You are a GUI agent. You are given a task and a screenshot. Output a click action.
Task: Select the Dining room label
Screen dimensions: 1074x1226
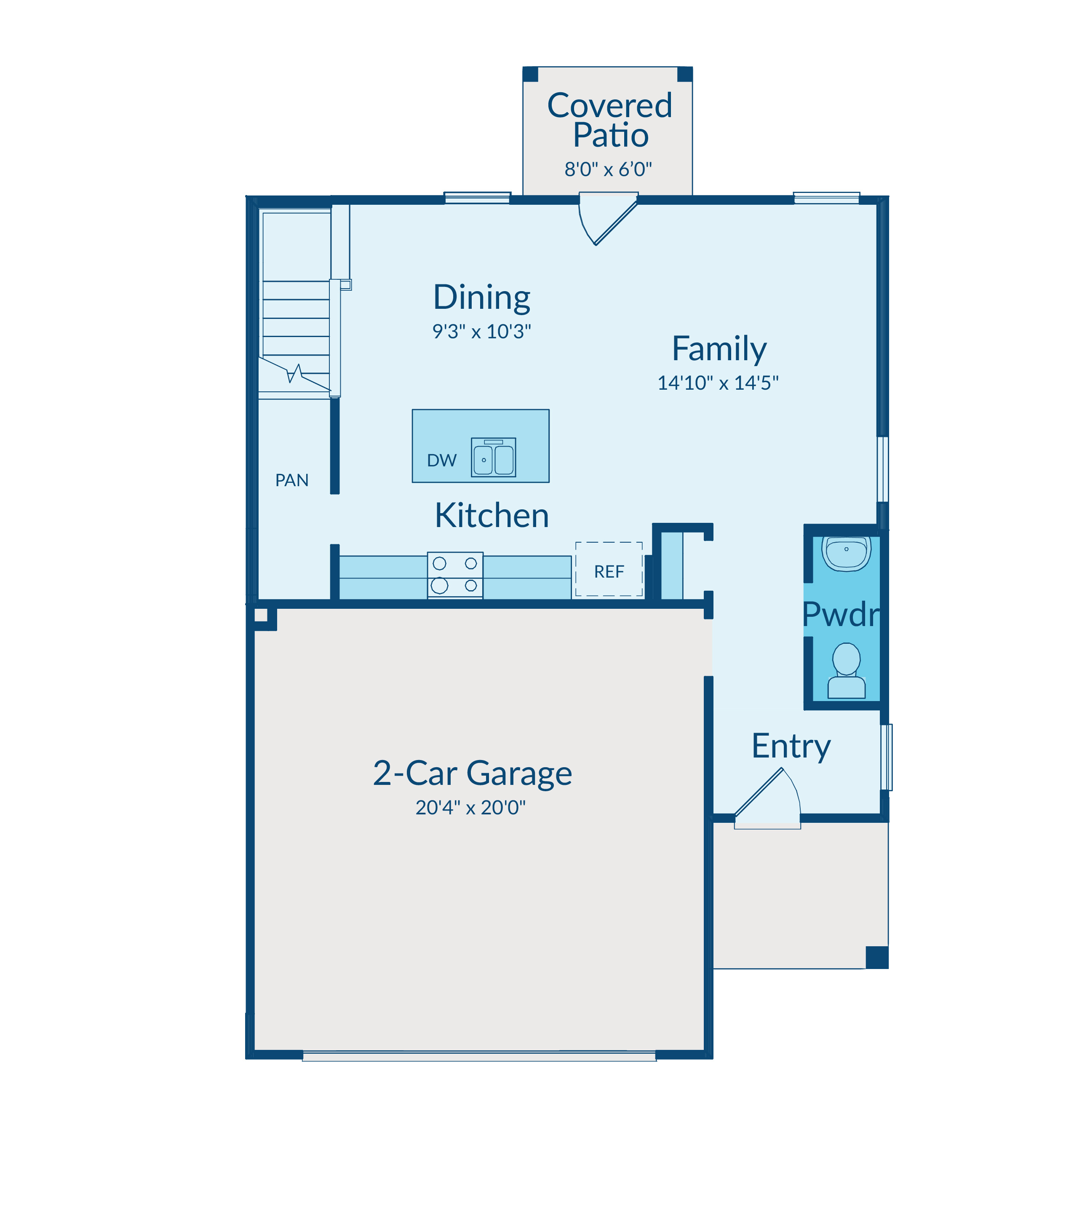[481, 298]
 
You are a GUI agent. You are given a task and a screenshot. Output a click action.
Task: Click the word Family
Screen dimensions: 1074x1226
[719, 350]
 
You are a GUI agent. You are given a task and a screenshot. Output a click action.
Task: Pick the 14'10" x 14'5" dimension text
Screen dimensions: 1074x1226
[718, 383]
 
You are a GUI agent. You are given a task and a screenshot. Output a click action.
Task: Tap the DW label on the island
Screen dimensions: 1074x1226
[442, 460]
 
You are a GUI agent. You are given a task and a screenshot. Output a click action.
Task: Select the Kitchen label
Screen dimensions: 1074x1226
[492, 516]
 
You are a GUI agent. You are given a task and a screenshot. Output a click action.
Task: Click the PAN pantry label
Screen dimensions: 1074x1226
[292, 480]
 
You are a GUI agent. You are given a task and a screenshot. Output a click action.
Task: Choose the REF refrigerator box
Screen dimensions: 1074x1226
[609, 569]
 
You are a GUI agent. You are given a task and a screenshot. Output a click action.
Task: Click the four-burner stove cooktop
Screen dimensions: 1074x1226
[455, 575]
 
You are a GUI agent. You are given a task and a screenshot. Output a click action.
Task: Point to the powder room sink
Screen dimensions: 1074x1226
[846, 553]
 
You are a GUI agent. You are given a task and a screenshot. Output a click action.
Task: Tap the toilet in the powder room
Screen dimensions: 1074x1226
[846, 670]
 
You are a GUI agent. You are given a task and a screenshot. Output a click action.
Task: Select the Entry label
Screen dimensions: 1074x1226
[791, 747]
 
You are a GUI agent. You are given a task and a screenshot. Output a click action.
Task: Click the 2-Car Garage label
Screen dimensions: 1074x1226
[472, 774]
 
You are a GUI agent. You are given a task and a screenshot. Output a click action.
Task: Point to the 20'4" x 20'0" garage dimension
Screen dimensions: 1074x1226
[470, 808]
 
